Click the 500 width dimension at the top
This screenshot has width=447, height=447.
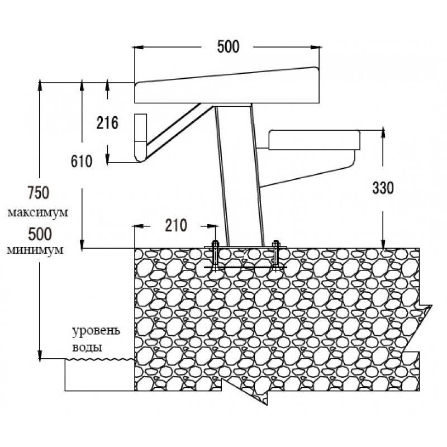click(x=228, y=47)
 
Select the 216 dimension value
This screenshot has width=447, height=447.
click(x=107, y=123)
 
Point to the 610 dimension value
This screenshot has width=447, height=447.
click(x=82, y=161)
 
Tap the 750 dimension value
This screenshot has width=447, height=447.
click(x=39, y=192)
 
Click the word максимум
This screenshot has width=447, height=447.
click(x=37, y=213)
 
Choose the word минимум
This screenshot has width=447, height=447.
click(x=35, y=250)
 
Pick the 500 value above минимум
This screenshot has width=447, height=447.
click(x=40, y=234)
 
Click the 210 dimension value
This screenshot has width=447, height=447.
click(x=176, y=225)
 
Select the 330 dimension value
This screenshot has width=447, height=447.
click(x=383, y=188)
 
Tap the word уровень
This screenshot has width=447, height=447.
click(x=96, y=331)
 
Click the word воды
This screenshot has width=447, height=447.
click(x=87, y=347)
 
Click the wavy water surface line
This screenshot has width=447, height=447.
click(x=100, y=359)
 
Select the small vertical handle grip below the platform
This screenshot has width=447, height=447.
click(x=141, y=137)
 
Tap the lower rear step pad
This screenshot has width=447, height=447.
click(x=314, y=140)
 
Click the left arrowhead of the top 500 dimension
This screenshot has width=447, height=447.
click(x=139, y=47)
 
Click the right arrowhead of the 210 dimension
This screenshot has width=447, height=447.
click(x=211, y=226)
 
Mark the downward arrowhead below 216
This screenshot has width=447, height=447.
click(x=107, y=159)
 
